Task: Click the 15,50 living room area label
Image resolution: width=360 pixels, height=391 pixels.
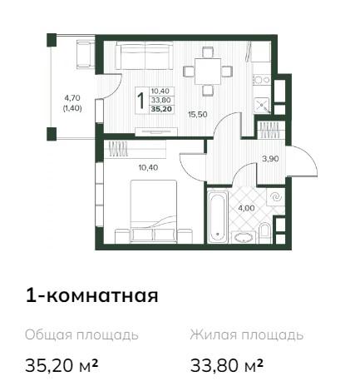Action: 198,114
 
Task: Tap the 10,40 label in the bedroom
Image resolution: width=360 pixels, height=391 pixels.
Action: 148,167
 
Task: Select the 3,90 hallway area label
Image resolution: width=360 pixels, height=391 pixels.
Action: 270,159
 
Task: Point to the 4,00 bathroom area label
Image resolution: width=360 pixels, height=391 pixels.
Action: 246,208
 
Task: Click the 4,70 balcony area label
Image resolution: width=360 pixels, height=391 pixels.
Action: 72,98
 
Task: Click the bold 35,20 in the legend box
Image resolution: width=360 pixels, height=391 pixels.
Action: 161,109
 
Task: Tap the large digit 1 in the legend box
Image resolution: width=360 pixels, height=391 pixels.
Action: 141,101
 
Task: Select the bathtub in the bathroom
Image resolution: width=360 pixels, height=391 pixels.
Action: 217,215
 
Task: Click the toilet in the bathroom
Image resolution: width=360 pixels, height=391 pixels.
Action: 264,233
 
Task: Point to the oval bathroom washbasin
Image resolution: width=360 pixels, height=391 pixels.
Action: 244,238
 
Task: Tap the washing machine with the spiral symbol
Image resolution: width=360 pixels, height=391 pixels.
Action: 275,197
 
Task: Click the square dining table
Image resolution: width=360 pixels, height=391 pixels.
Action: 208,72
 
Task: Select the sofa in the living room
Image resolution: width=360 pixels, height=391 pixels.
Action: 144,56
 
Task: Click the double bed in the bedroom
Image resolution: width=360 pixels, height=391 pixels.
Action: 154,211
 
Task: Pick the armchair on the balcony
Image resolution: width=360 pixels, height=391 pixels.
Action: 85,54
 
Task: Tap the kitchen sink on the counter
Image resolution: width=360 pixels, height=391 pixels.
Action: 262,105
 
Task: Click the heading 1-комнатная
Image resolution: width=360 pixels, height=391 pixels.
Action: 91,295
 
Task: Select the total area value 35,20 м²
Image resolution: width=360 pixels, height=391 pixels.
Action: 62,366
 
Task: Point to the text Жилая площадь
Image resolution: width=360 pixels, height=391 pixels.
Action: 247,335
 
